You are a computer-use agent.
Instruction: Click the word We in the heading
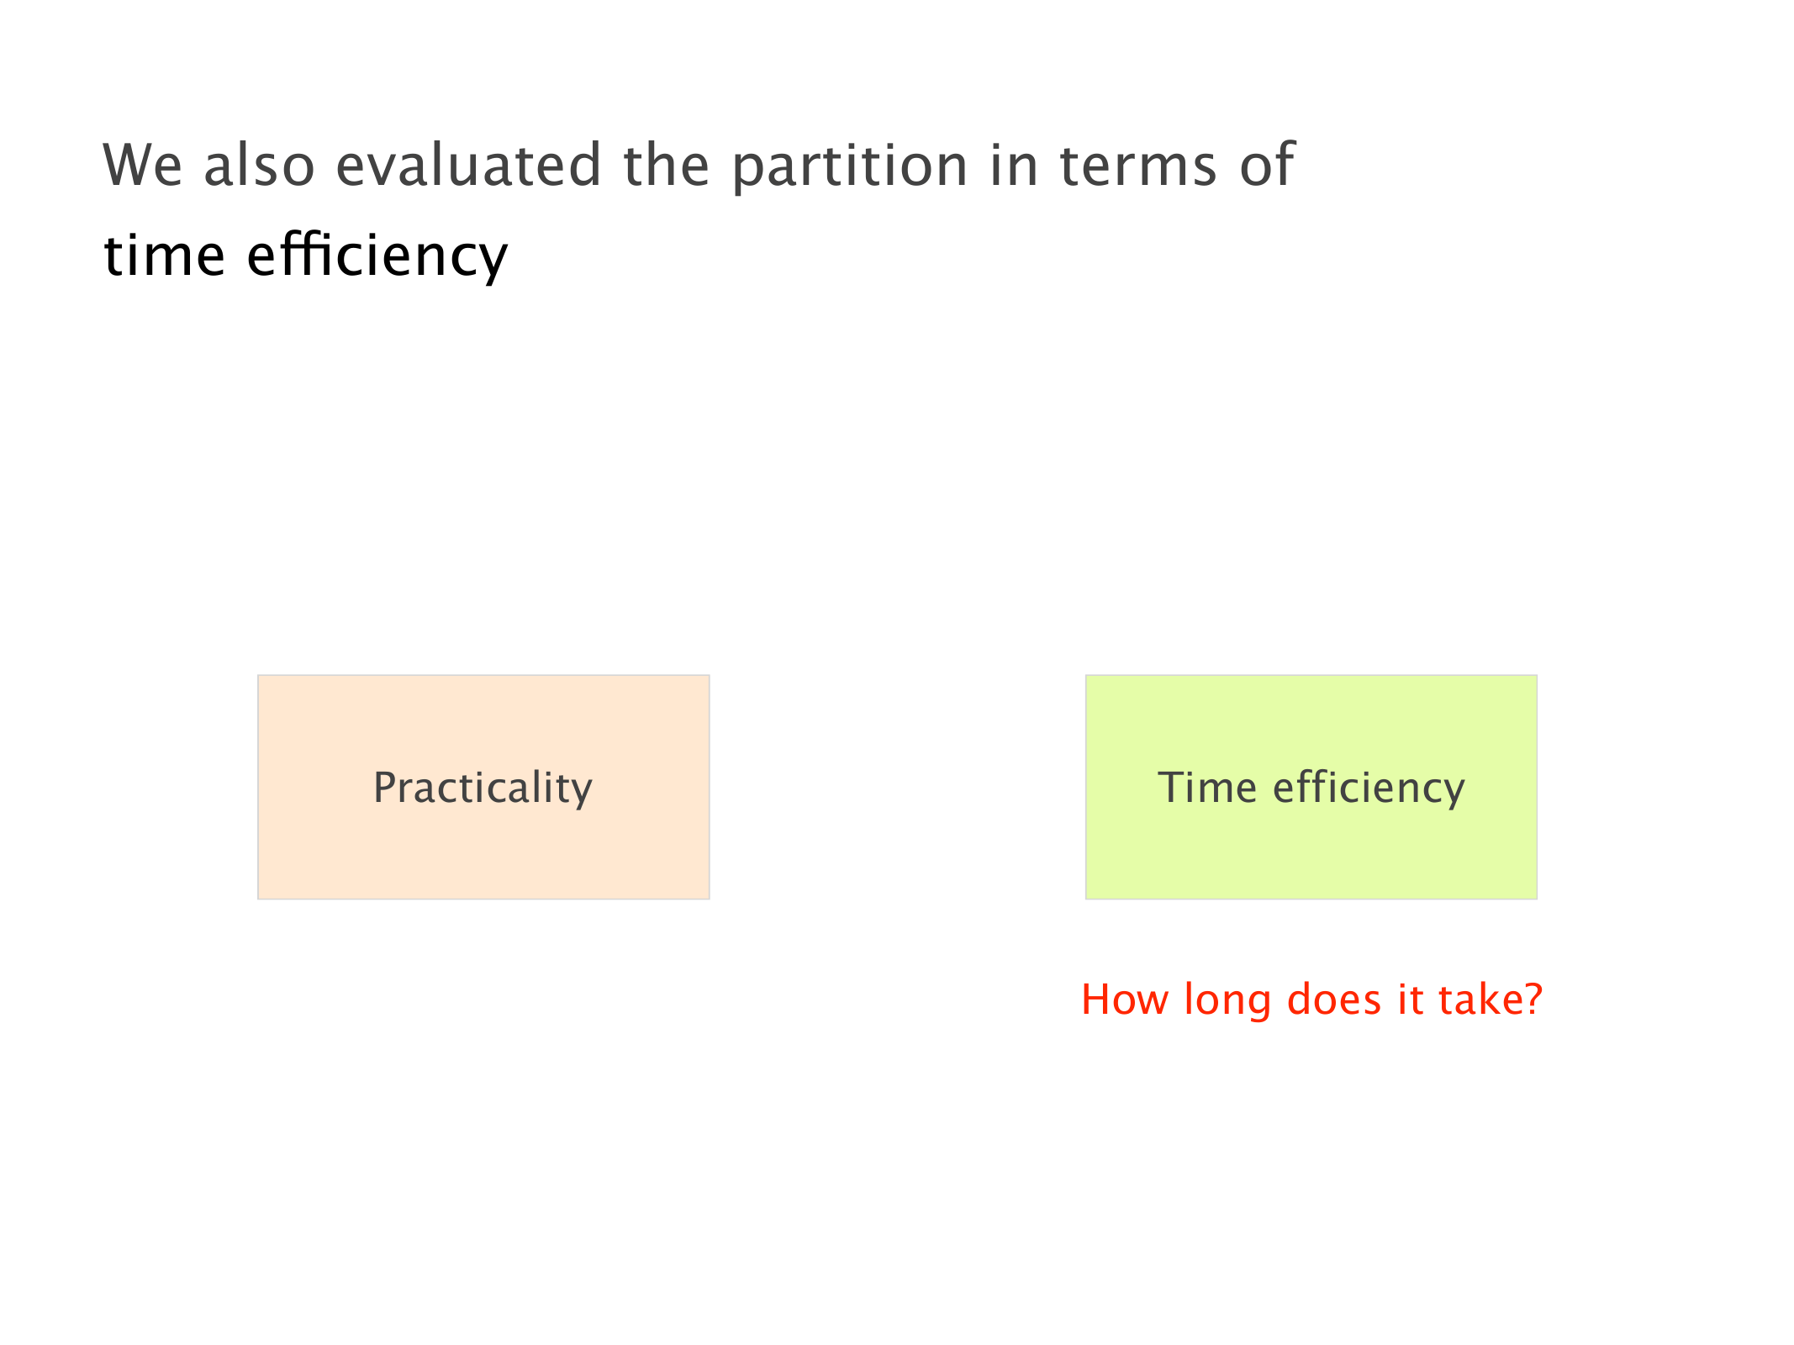point(142,165)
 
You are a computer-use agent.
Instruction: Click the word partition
point(850,166)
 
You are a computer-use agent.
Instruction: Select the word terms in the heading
point(1138,165)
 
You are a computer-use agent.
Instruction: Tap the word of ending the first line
point(1267,163)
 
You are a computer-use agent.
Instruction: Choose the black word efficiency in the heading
point(377,256)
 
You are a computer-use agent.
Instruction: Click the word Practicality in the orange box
point(483,789)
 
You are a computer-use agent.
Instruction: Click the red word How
point(1124,1000)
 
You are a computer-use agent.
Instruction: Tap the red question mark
point(1532,1000)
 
